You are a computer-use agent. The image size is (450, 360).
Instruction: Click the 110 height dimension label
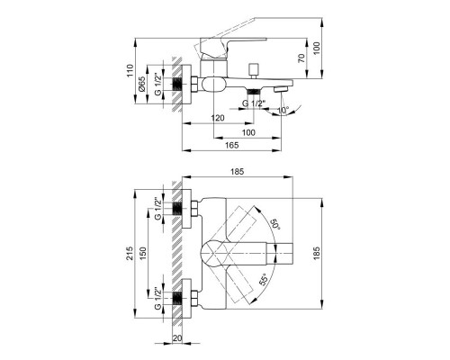[x=130, y=70]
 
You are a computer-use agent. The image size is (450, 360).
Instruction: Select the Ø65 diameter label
[x=142, y=84]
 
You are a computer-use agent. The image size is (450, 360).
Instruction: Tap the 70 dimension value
[x=301, y=58]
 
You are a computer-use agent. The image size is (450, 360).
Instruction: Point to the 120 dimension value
[x=218, y=118]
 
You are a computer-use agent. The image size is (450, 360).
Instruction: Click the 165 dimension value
[x=232, y=145]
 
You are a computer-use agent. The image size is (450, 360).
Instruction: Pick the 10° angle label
[x=283, y=110]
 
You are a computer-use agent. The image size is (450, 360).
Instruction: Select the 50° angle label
[x=275, y=224]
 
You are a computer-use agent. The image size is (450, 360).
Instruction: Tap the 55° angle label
[x=263, y=280]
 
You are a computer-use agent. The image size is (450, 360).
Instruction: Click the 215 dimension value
[x=130, y=253]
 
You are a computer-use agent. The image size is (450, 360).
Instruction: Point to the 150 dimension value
[x=143, y=253]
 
